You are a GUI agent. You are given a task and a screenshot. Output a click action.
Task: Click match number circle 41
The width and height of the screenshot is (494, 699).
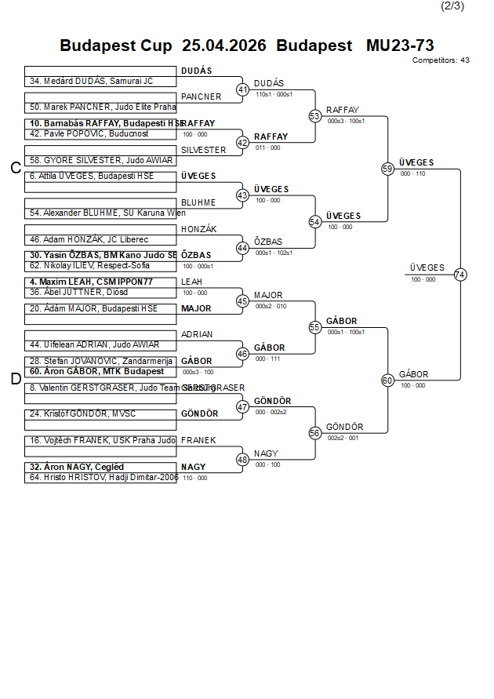click(x=242, y=89)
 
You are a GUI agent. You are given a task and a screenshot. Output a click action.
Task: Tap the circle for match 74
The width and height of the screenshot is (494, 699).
click(x=460, y=274)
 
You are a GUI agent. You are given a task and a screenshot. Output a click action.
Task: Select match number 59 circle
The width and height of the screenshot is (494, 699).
click(x=387, y=169)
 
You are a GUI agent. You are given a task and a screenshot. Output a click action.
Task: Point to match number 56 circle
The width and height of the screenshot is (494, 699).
click(x=315, y=432)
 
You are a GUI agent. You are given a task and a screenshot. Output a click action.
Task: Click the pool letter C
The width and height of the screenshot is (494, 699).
click(x=15, y=168)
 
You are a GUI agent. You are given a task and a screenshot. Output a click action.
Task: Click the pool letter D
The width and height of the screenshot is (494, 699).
click(x=15, y=379)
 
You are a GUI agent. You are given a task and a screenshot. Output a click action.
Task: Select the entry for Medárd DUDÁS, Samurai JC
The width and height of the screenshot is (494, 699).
click(x=91, y=81)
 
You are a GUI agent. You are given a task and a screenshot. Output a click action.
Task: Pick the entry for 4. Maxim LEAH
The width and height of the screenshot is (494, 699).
click(x=91, y=282)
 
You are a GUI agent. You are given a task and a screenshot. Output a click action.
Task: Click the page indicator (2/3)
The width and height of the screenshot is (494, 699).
click(x=452, y=6)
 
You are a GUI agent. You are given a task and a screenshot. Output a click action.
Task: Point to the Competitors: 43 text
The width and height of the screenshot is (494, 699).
click(x=441, y=60)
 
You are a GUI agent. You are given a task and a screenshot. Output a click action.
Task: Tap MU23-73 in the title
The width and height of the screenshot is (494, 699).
click(x=400, y=46)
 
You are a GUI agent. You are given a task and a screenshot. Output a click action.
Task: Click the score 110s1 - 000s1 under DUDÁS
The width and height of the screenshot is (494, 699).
click(x=274, y=94)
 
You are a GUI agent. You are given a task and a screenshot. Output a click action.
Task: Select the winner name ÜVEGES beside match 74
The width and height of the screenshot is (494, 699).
click(x=427, y=268)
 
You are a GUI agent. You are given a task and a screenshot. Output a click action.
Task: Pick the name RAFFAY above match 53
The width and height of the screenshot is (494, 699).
click(x=343, y=110)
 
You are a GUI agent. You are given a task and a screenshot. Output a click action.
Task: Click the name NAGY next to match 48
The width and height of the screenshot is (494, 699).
click(x=266, y=453)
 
